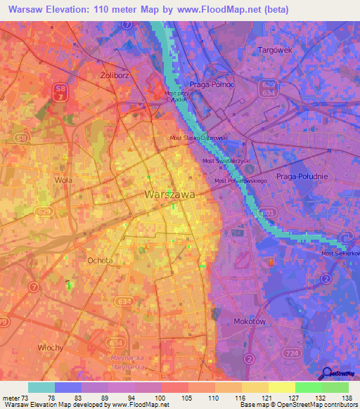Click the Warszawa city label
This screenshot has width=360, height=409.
(x=169, y=193)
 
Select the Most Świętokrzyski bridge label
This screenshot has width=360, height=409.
(x=226, y=161)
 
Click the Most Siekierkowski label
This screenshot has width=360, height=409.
(x=340, y=253)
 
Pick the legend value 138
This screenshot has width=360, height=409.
(x=346, y=397)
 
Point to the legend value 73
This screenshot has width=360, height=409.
(x=25, y=397)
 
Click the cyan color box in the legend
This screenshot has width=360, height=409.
(x=41, y=387)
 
